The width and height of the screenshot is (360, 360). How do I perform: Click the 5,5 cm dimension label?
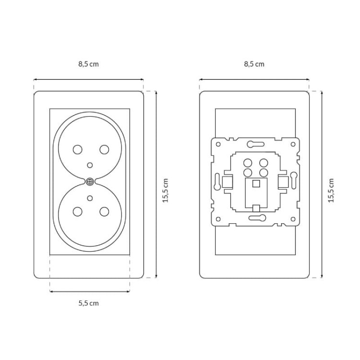coord(89,303)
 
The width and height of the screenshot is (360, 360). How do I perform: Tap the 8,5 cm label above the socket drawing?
coord(89,64)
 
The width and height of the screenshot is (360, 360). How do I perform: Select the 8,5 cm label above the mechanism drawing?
coord(254,64)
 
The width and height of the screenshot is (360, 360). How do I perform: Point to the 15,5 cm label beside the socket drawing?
coord(166,191)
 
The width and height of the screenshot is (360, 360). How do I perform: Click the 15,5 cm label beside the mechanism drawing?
coord(331,191)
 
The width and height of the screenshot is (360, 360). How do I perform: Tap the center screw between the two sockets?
coord(90,182)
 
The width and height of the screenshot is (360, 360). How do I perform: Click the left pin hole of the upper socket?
coord(78,150)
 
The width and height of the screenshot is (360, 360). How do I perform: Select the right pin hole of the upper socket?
coord(104,150)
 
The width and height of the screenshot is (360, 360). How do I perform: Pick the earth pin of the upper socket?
coord(90,165)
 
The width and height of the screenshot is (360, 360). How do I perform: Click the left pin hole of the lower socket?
coord(78,212)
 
